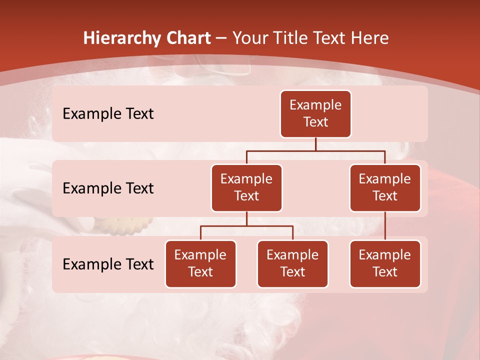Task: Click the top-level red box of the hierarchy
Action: (x=315, y=113)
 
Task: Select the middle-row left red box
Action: (x=246, y=187)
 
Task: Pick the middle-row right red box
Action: (x=385, y=187)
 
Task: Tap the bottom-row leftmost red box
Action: (x=200, y=263)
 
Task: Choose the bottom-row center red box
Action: (x=292, y=263)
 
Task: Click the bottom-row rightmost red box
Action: (x=385, y=263)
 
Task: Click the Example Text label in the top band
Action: (x=108, y=113)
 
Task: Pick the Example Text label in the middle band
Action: (x=108, y=188)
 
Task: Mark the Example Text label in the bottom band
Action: (x=108, y=264)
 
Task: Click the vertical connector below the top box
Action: (x=315, y=144)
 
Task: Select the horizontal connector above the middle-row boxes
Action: (x=315, y=150)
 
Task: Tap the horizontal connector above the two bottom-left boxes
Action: (x=246, y=226)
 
